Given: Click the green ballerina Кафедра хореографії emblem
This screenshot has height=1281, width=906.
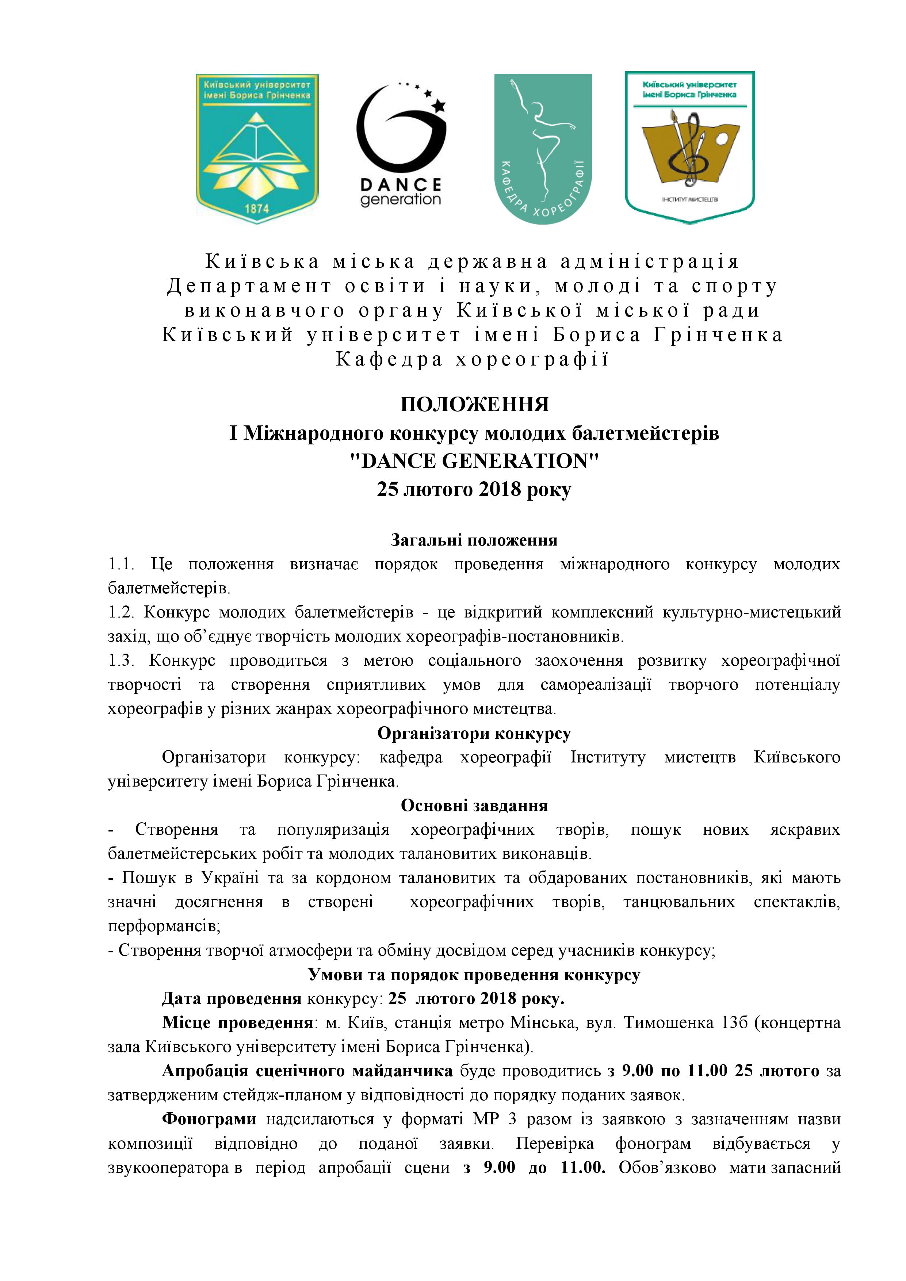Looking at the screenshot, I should click(x=543, y=148).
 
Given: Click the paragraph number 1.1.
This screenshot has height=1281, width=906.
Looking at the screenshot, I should click(x=122, y=564).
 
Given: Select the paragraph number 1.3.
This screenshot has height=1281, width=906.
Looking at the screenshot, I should click(x=122, y=661).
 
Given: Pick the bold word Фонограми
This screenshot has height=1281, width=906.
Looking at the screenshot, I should click(x=209, y=1119).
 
